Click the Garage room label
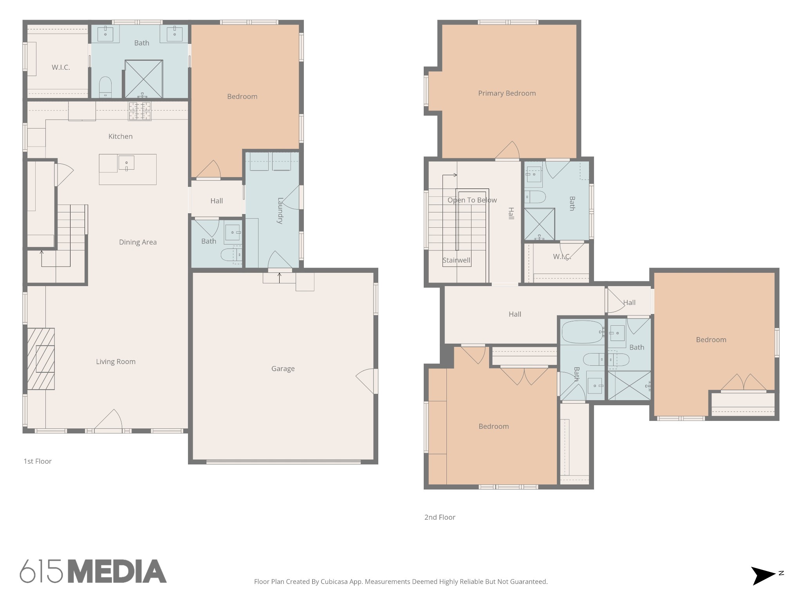283,368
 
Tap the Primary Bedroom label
507,93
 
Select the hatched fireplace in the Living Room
41,359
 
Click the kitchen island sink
126,163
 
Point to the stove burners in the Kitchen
140,111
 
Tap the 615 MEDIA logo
93,571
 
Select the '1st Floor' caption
38,461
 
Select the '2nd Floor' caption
440,517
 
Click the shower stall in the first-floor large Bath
144,79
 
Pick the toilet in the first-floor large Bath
105,86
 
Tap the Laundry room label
280,210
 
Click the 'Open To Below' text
472,200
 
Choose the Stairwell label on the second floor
456,260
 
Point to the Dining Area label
138,242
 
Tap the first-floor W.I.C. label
61,67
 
